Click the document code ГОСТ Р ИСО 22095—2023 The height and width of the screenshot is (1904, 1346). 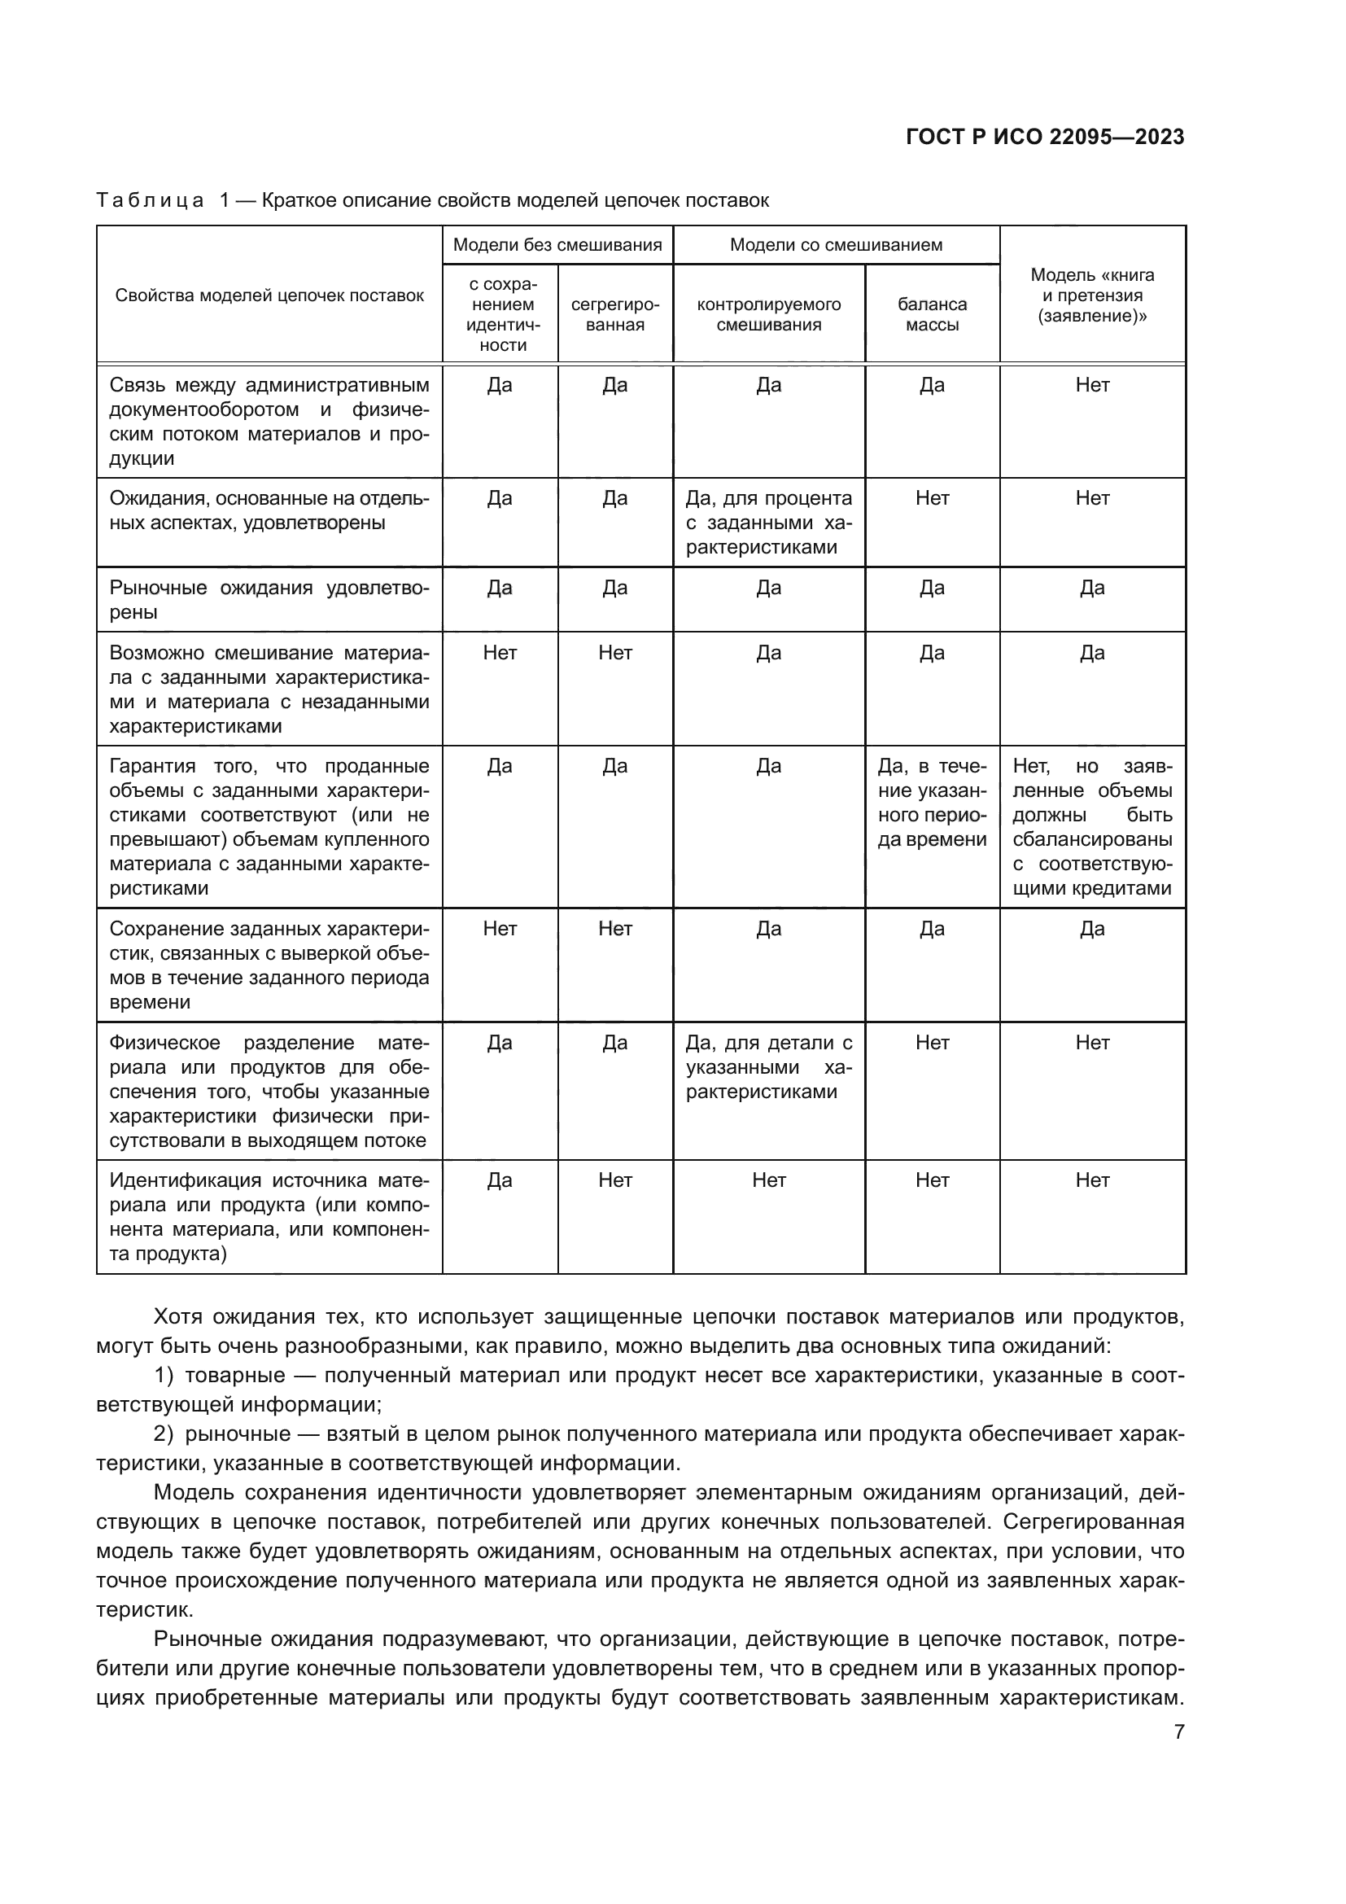[1044, 137]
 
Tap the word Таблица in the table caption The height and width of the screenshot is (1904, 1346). [150, 201]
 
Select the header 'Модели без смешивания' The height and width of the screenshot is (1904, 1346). [557, 245]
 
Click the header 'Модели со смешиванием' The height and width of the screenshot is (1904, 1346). [836, 245]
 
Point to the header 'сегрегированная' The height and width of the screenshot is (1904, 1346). [615, 314]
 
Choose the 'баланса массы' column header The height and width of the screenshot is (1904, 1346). [932, 314]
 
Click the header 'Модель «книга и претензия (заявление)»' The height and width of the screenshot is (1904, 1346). [1091, 295]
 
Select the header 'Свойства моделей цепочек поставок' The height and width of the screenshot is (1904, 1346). [269, 296]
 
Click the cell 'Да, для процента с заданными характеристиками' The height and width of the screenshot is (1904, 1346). [768, 523]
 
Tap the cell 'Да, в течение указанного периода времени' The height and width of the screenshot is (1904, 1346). [932, 802]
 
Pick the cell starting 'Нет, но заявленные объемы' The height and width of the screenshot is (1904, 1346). [1091, 827]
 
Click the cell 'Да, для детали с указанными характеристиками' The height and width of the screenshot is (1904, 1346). [768, 1066]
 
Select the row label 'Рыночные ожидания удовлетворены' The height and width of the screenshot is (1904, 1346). [269, 600]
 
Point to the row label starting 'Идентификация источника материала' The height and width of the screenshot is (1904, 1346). [269, 1215]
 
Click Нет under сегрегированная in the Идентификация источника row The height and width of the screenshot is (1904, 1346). [615, 1180]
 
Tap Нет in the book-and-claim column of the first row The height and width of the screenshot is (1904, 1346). [1091, 385]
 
